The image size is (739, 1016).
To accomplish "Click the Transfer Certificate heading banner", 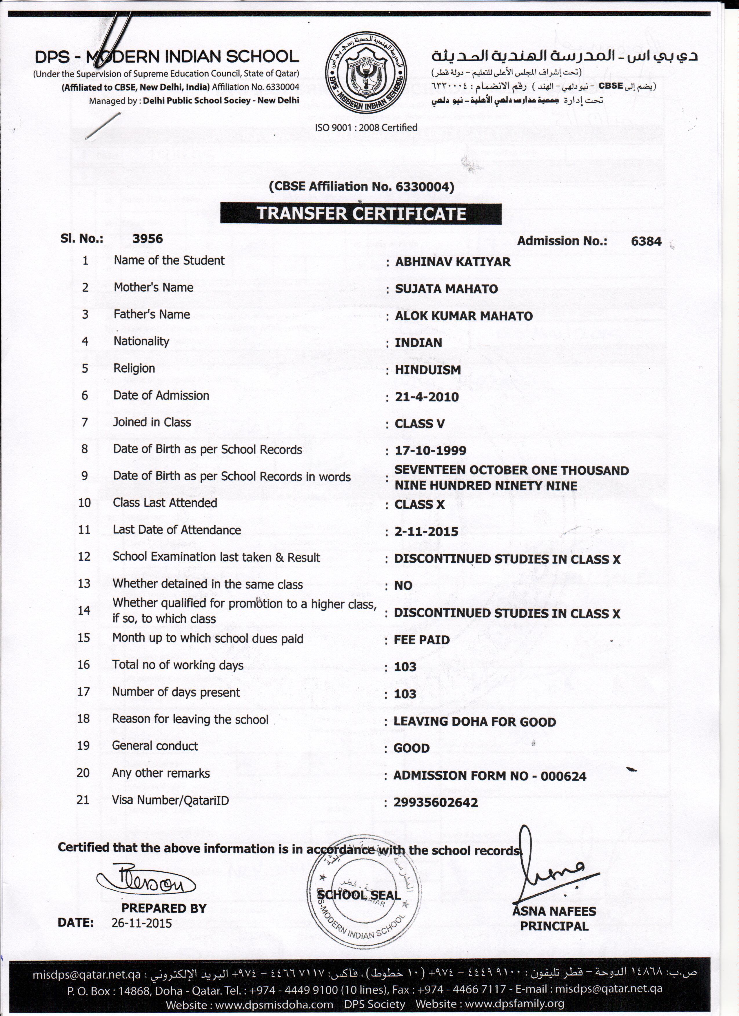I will point(361,214).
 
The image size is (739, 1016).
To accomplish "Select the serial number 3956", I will point(148,238).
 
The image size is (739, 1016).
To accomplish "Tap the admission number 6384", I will point(646,241).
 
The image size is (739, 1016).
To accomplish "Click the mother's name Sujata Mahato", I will point(446,289).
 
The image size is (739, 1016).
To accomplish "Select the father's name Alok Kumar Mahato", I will point(463,316).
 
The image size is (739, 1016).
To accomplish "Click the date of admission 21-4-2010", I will point(427,397).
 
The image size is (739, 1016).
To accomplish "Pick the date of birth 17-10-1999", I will point(430,451).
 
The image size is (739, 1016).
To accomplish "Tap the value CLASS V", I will point(419,424).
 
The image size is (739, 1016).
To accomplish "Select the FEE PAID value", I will point(421,640).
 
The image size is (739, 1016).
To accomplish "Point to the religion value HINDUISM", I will point(427,370).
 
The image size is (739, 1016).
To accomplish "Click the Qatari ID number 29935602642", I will point(436,802).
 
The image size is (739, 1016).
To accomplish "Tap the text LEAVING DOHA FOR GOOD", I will point(475,722).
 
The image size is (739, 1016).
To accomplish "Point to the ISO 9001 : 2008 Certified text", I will point(366,127).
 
